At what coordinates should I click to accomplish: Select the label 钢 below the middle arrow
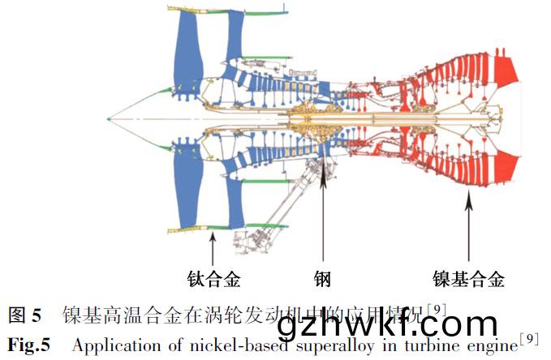click(x=323, y=280)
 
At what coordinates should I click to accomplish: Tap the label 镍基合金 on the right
click(x=468, y=280)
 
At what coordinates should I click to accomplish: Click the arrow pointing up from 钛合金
click(x=212, y=248)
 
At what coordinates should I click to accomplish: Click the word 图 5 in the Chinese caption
click(x=25, y=315)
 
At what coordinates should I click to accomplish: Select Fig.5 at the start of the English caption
click(x=28, y=345)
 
